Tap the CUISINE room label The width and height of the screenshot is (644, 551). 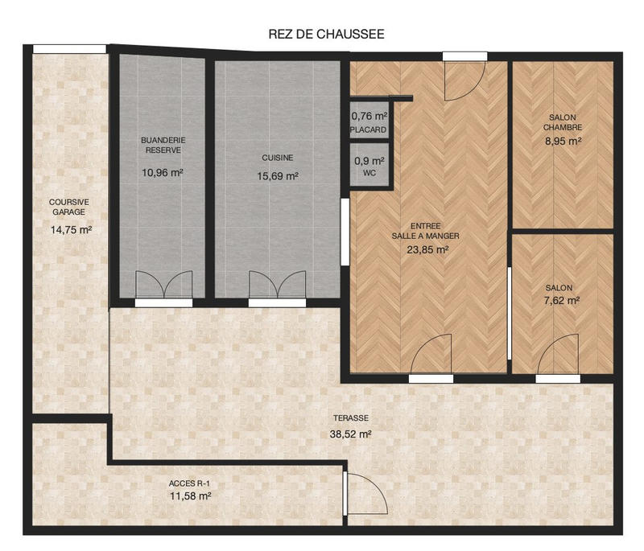click(x=278, y=158)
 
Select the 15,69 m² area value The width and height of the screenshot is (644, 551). click(x=278, y=176)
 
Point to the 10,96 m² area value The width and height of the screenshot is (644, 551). click(x=163, y=171)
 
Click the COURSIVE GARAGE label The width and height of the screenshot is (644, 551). click(x=69, y=208)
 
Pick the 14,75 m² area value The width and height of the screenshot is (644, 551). click(x=70, y=229)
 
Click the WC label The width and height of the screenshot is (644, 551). click(x=369, y=173)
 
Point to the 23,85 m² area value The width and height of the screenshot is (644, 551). click(x=427, y=250)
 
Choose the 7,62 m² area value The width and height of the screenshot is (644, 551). click(x=562, y=301)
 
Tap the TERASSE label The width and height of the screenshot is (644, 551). click(x=351, y=418)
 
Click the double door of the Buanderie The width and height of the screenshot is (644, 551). click(x=164, y=287)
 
